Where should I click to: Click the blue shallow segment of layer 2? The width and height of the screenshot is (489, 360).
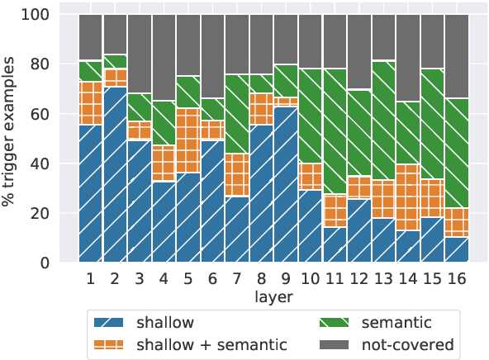[x=116, y=174]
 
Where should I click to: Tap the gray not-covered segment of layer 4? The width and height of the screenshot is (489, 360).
[x=164, y=58]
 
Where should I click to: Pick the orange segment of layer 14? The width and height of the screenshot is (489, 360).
[x=383, y=197]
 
